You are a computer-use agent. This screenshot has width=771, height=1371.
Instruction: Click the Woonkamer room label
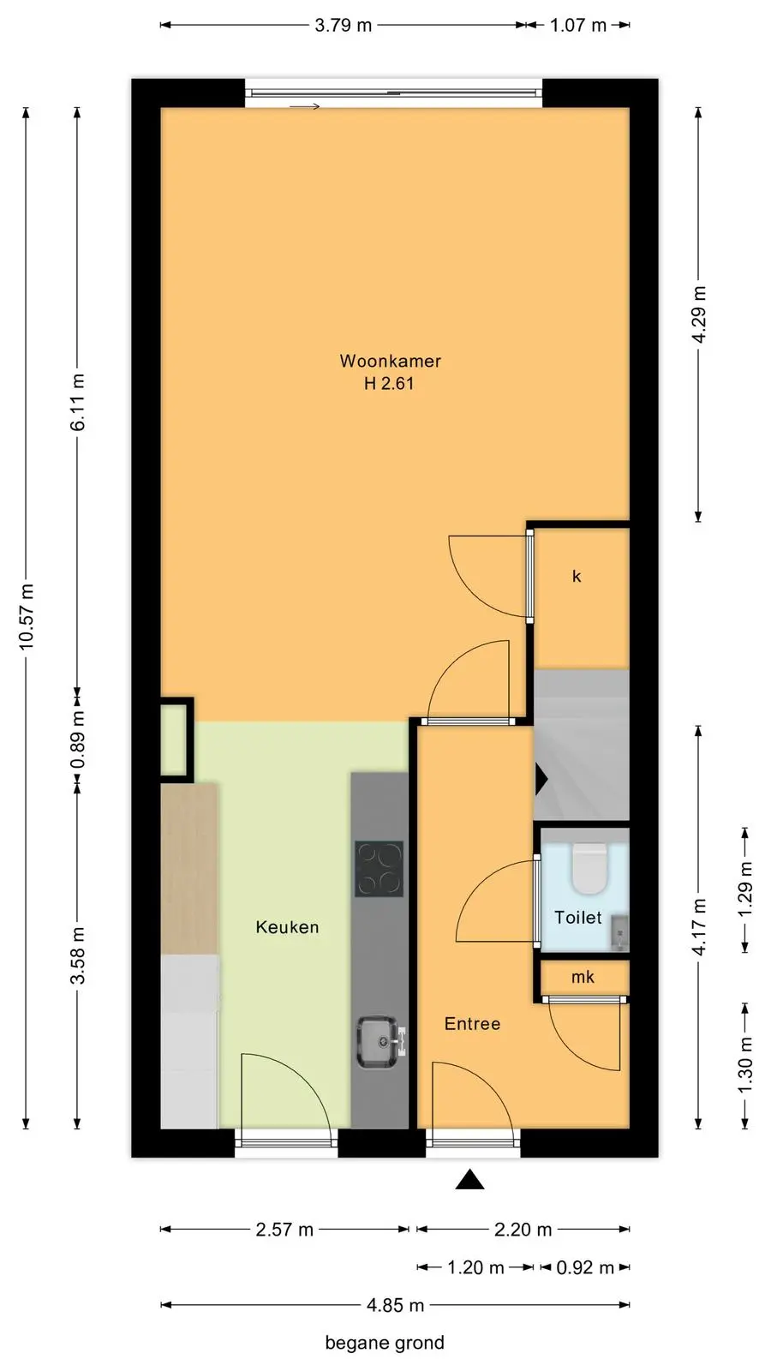tap(391, 361)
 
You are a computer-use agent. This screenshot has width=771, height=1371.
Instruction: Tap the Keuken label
tap(287, 926)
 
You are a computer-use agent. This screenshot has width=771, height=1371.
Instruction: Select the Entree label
tap(472, 1023)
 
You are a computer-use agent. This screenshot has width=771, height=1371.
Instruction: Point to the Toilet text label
tap(577, 917)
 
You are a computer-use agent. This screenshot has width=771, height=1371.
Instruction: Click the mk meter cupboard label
tap(583, 977)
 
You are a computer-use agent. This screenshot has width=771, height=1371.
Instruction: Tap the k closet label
tap(577, 576)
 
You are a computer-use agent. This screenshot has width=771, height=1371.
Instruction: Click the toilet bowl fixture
tap(589, 868)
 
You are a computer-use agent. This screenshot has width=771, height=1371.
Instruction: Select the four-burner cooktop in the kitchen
tap(380, 869)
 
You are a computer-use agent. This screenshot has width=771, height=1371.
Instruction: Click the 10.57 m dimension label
tap(26, 617)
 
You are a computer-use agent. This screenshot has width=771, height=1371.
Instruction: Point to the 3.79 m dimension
tap(344, 25)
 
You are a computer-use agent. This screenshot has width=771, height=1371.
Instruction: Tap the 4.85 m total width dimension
tap(395, 1306)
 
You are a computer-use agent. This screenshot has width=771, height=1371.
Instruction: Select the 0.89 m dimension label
tap(78, 739)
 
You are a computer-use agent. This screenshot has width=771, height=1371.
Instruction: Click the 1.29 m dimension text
tap(745, 889)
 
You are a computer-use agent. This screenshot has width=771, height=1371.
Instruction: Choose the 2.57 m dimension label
tap(284, 1230)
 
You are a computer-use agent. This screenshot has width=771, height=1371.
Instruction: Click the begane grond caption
tap(385, 1343)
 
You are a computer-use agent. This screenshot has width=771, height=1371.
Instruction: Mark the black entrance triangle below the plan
tap(470, 1179)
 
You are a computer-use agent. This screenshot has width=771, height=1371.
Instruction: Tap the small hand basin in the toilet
tap(619, 933)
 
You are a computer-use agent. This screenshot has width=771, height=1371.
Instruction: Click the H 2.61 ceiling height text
tap(389, 383)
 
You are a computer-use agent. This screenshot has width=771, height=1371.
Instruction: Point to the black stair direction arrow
tap(541, 779)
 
